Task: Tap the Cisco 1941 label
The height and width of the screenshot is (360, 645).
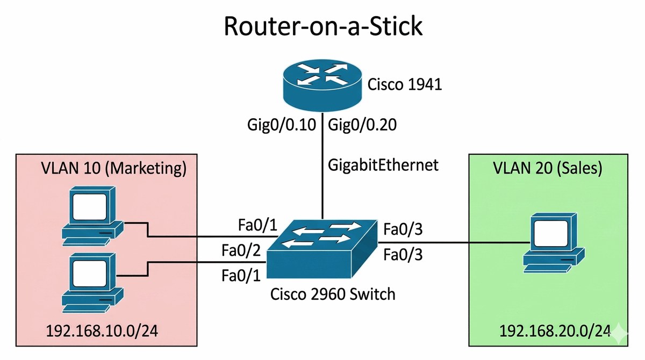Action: pyautogui.click(x=404, y=84)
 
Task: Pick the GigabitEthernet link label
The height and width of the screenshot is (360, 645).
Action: pyautogui.click(x=383, y=165)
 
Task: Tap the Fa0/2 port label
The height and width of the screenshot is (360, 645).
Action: pyautogui.click(x=241, y=250)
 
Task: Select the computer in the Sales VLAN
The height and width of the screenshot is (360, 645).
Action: pyautogui.click(x=554, y=242)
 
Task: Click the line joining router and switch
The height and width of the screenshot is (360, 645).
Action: pyautogui.click(x=322, y=177)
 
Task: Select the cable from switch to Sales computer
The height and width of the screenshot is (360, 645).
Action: pyautogui.click(x=457, y=242)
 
